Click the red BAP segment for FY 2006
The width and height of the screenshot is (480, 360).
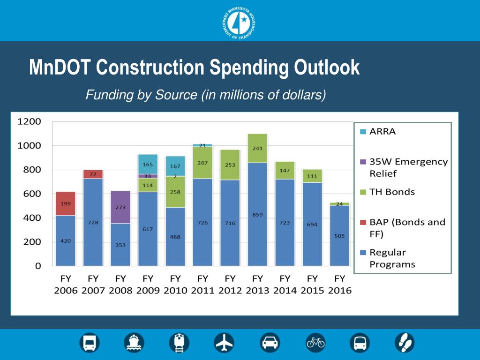pyautogui.click(x=66, y=203)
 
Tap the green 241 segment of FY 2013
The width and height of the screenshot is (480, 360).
pyautogui.click(x=257, y=148)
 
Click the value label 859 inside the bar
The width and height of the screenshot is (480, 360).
pyautogui.click(x=257, y=215)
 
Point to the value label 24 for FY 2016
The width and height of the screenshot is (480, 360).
pyautogui.click(x=340, y=204)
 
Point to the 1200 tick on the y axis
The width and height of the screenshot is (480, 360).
pyautogui.click(x=30, y=122)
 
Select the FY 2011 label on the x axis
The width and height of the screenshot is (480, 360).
pyautogui.click(x=203, y=284)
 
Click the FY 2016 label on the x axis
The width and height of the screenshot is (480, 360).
pyautogui.click(x=340, y=284)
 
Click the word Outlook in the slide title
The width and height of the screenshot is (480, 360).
pyautogui.click(x=327, y=68)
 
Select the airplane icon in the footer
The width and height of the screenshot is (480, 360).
pyautogui.click(x=224, y=344)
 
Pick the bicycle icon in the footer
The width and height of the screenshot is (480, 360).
pyautogui.click(x=315, y=344)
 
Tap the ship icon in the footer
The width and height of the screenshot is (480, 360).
pyautogui.click(x=134, y=344)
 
